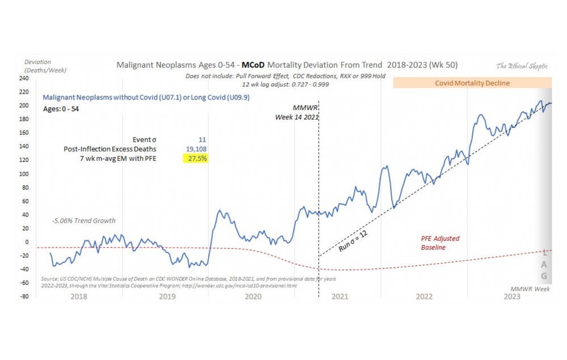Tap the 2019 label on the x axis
click(167, 297)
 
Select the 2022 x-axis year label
click(424, 297)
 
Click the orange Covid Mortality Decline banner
click(472, 83)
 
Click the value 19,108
click(196, 149)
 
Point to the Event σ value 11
click(202, 139)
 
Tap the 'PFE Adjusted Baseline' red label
click(440, 243)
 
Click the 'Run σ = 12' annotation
click(353, 242)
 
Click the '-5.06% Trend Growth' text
click(83, 221)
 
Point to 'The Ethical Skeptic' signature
click(522, 66)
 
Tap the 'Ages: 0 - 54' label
click(61, 108)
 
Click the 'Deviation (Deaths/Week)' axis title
click(45, 66)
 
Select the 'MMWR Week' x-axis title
click(530, 289)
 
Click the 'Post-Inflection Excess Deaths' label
click(110, 149)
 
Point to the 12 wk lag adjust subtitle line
click(285, 84)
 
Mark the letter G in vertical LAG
click(544, 277)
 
